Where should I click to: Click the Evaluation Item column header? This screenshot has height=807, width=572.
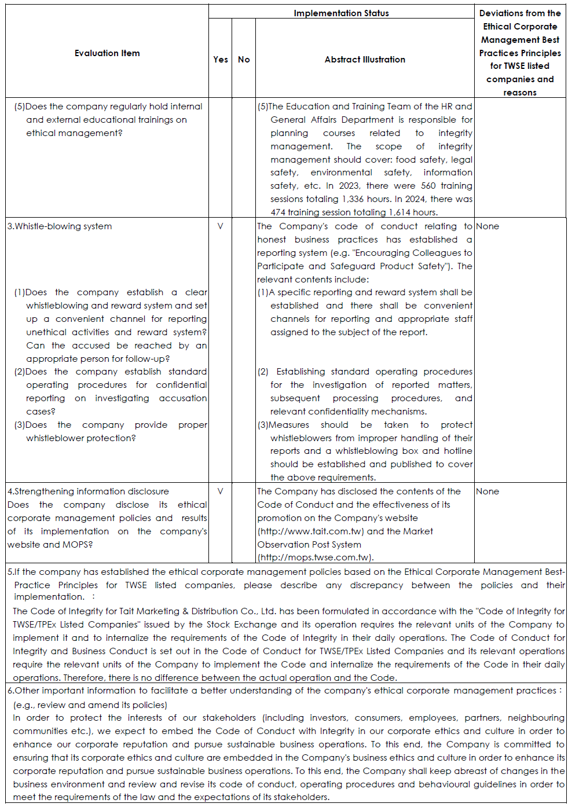(x=107, y=53)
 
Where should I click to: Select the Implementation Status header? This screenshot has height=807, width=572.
(x=341, y=13)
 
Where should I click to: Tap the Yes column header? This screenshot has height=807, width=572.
(x=221, y=60)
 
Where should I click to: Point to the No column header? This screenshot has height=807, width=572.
(x=244, y=60)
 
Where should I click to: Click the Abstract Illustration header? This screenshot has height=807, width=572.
(x=365, y=60)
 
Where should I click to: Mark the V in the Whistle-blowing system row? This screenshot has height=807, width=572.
(x=220, y=226)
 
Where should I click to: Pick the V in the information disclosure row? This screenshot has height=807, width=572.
(x=220, y=491)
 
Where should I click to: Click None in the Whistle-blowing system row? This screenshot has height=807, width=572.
(x=487, y=226)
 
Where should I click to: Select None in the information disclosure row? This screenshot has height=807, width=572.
(x=487, y=491)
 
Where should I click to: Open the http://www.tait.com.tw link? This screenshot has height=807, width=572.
(x=311, y=531)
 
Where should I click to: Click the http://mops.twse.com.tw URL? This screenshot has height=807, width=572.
(x=316, y=557)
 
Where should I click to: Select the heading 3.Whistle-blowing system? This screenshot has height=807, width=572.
(x=60, y=226)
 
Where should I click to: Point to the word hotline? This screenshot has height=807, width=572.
(x=458, y=451)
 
